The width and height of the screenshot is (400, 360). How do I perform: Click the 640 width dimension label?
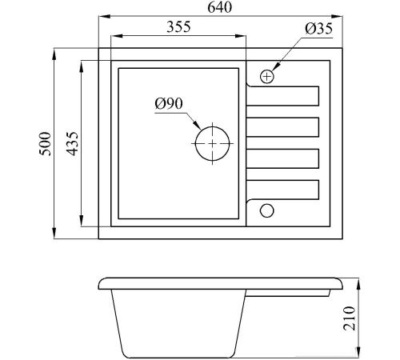pos(219,7)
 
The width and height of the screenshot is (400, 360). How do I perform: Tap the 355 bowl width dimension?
pos(178,26)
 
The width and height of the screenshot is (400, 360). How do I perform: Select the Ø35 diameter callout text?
pos(319,29)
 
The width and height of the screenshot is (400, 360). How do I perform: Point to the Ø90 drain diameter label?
pos(169,103)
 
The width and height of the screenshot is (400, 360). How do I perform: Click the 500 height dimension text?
pos(45,143)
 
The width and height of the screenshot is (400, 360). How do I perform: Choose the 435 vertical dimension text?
pos(72,143)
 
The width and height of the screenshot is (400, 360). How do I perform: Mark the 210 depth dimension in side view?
pos(350,318)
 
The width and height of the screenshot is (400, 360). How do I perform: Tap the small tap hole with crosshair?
pos(267,77)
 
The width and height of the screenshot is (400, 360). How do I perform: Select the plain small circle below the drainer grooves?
pos(267,204)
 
